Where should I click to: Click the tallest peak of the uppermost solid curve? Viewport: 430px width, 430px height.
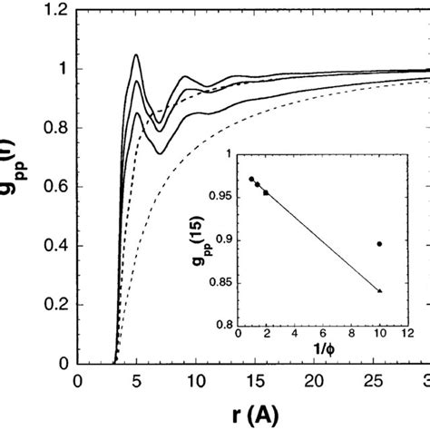(135, 55)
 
